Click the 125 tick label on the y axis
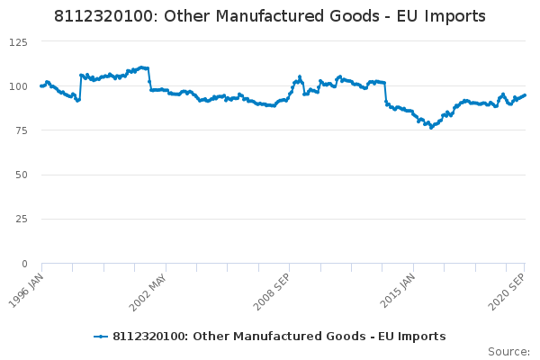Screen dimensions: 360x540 (x=19, y=42)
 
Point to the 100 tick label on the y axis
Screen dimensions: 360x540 (x=19, y=86)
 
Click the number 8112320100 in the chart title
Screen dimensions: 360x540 (x=103, y=16)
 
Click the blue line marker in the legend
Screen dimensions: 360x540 (x=101, y=337)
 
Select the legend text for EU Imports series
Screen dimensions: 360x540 (x=279, y=337)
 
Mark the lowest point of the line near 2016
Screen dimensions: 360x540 (x=431, y=128)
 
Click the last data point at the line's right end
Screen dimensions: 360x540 (x=525, y=94)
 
